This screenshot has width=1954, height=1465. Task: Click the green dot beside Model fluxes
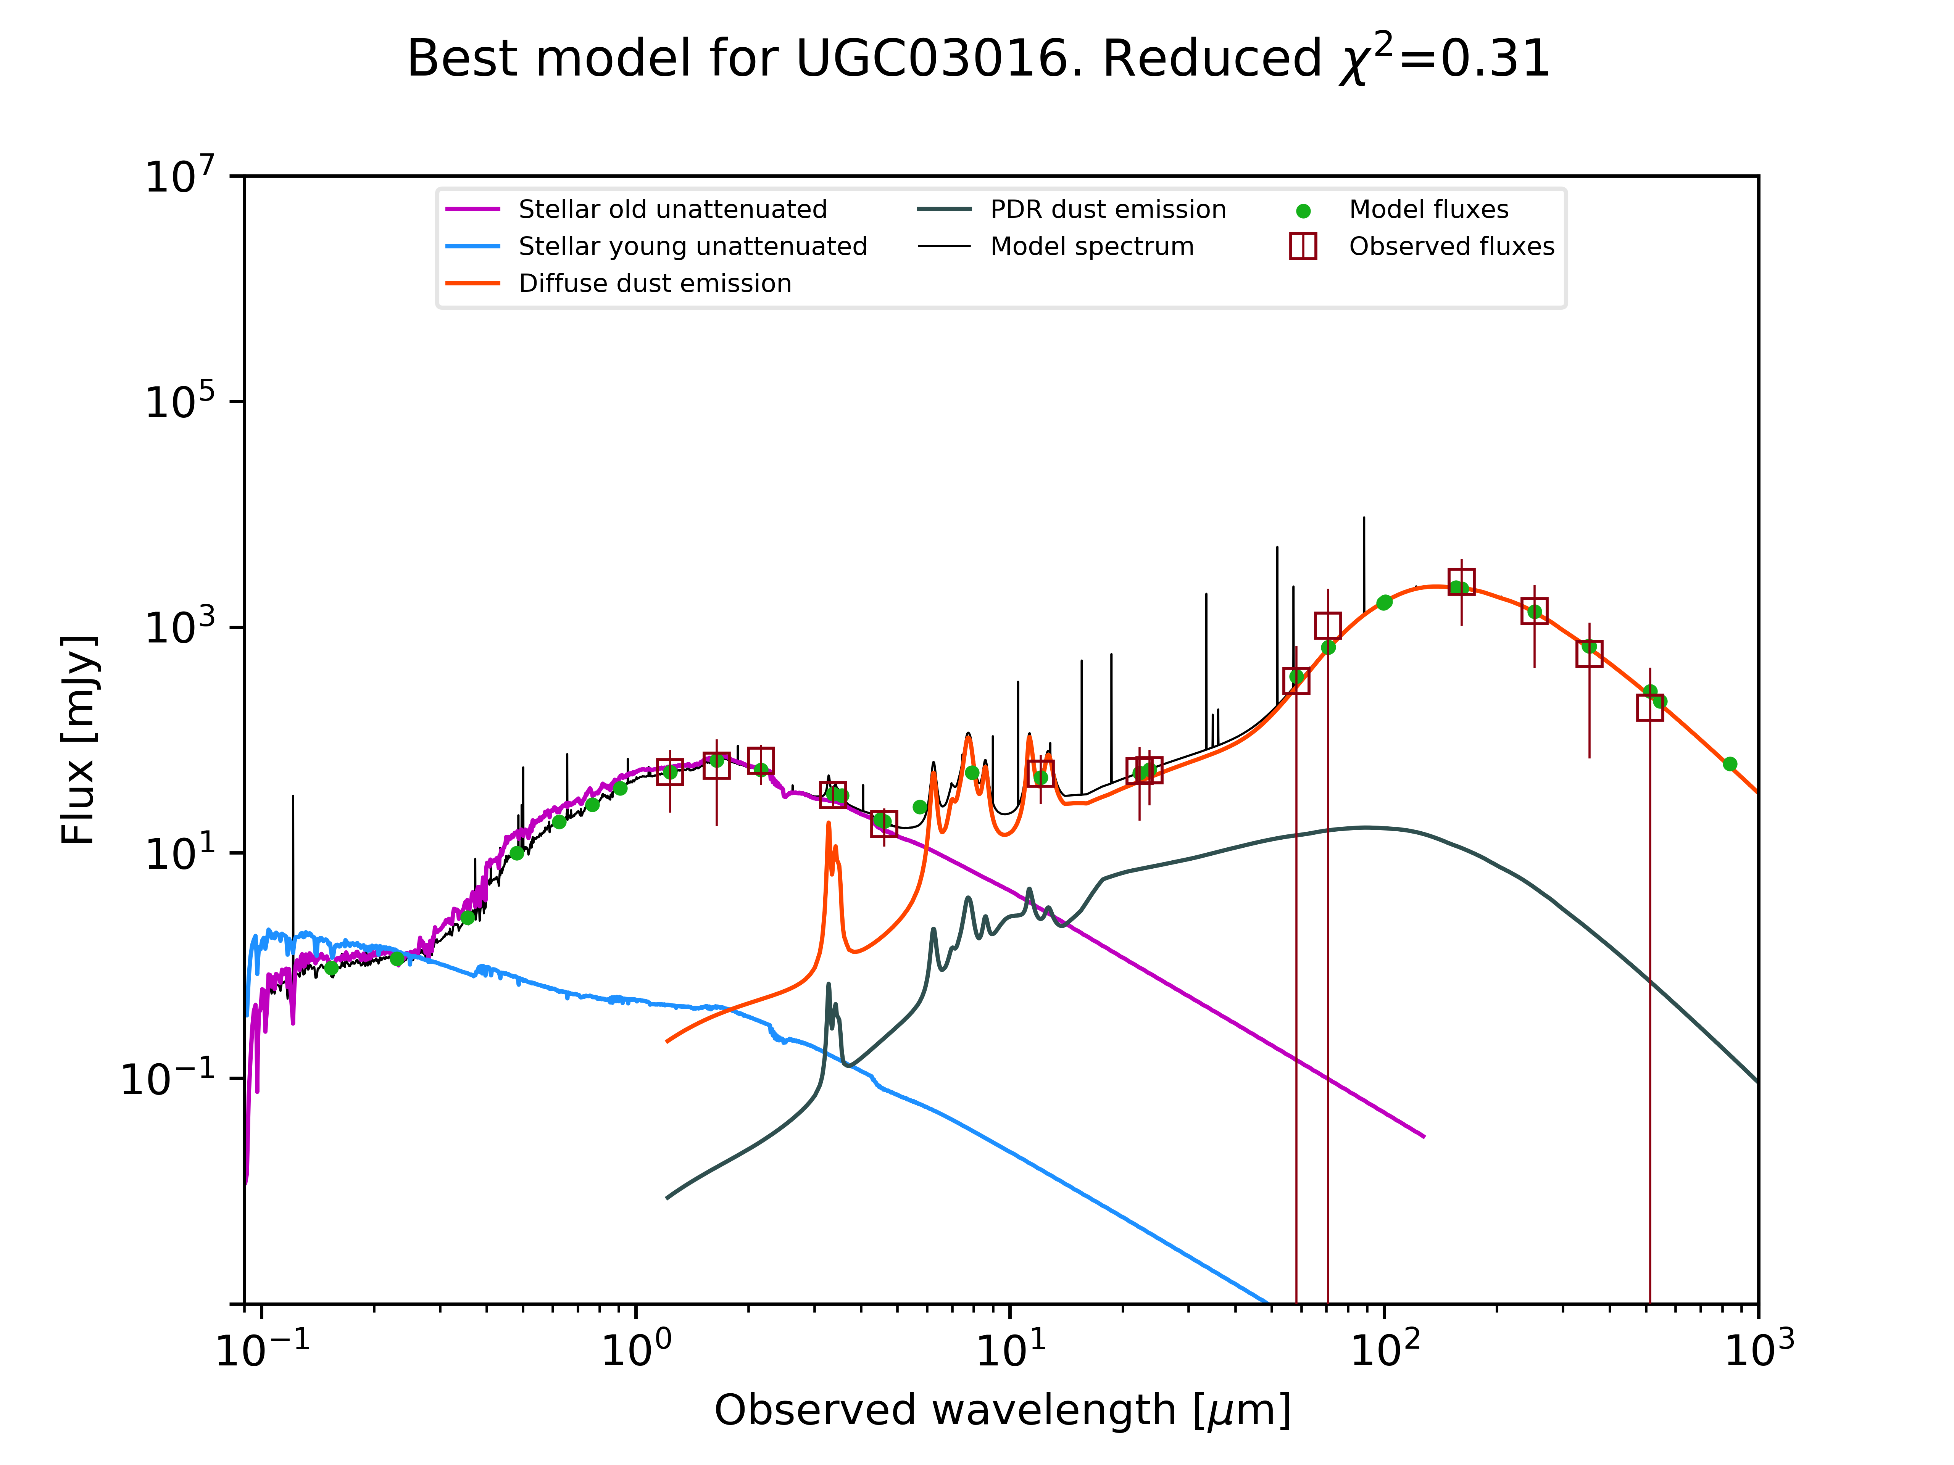coord(1303,211)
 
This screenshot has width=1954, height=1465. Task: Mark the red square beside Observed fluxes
coord(1303,246)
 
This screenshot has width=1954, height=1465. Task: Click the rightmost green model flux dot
coord(1730,764)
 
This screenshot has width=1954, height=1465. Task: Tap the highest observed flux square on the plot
coord(1461,582)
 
